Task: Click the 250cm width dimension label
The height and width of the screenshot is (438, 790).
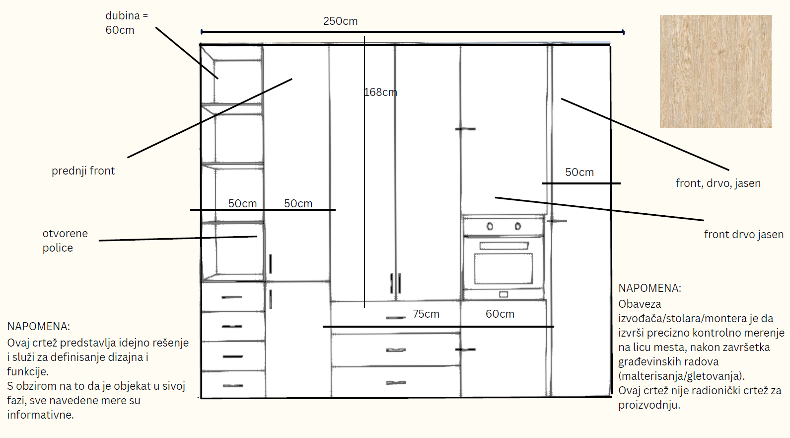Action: [340, 21]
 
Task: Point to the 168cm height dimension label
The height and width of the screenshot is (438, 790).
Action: [380, 92]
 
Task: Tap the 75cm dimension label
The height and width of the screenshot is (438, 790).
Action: [426, 314]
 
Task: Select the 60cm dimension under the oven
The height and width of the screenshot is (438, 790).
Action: [500, 314]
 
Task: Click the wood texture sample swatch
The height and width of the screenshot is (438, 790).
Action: [716, 71]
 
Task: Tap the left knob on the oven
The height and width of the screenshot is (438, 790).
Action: [490, 226]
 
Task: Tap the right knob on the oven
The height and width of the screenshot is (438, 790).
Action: [518, 226]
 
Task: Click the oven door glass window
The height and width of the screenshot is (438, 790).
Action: [503, 268]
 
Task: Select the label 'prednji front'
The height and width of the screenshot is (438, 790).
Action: [83, 171]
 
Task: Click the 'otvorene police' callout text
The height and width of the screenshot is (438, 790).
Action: [65, 241]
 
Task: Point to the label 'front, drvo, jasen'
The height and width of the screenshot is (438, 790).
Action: [718, 183]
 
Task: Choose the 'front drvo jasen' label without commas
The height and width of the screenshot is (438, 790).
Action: [744, 234]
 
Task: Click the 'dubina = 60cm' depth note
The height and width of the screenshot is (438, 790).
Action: [127, 23]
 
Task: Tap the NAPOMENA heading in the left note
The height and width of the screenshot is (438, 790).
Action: [38, 326]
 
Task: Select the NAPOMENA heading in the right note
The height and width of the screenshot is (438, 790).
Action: [649, 288]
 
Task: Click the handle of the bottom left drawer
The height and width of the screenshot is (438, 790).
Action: [233, 386]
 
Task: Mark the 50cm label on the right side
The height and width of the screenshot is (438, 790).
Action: [579, 173]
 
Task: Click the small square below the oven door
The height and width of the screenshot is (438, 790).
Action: [503, 294]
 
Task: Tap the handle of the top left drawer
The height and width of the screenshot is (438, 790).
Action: [232, 297]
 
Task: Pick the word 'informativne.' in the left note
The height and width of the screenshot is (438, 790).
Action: [41, 415]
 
